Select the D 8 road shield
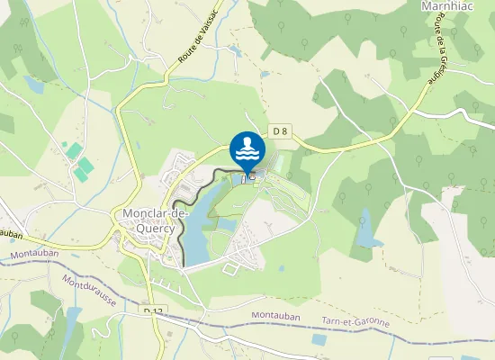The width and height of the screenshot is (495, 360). [280, 131]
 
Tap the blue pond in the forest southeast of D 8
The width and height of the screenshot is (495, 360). [367, 229]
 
